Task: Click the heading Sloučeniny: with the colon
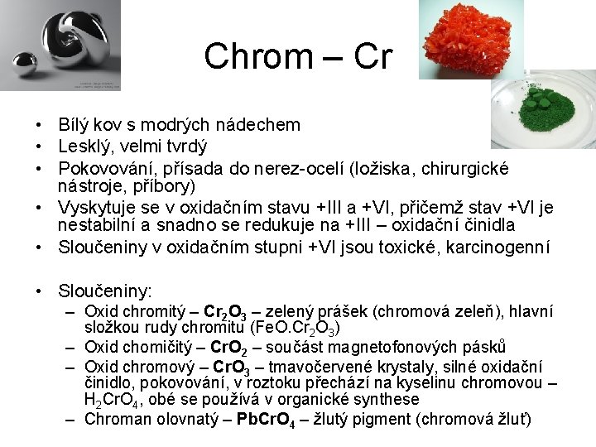(105, 291)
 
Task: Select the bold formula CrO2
(229, 348)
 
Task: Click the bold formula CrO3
(231, 366)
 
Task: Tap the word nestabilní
(92, 224)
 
